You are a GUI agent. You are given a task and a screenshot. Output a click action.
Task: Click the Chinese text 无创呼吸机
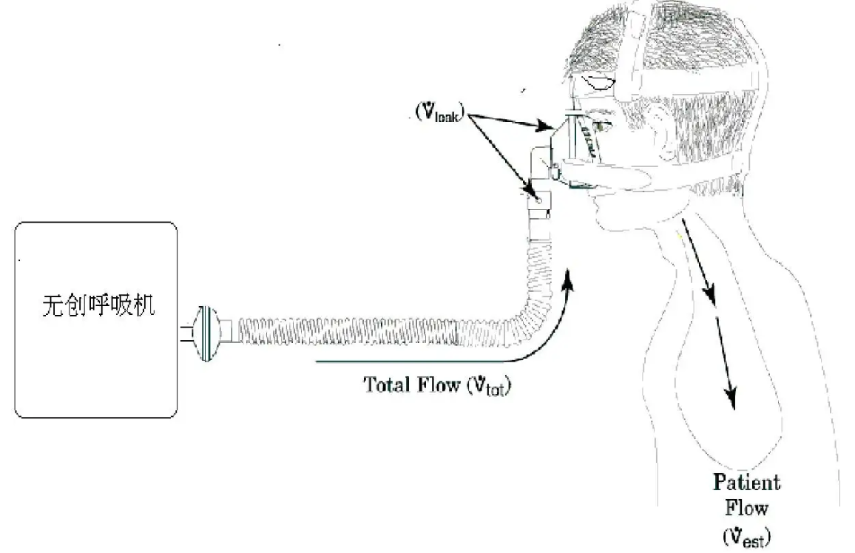pyautogui.click(x=98, y=306)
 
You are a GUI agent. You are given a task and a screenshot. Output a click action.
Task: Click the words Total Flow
pyautogui.click(x=409, y=385)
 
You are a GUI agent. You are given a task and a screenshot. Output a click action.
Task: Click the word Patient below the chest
pyautogui.click(x=746, y=484)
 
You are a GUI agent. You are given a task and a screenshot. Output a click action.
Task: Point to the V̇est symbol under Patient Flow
pyautogui.click(x=746, y=534)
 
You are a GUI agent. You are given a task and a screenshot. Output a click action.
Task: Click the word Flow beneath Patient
pyautogui.click(x=746, y=509)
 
